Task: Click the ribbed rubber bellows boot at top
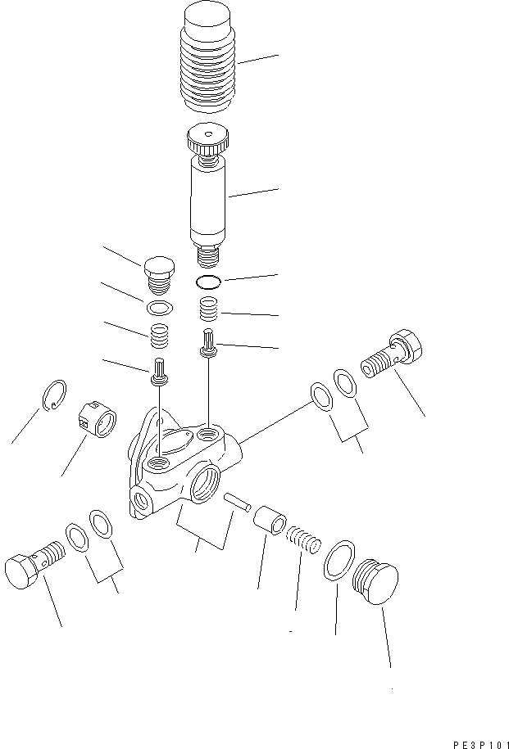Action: pyautogui.click(x=207, y=61)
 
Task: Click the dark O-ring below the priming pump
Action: pyautogui.click(x=210, y=283)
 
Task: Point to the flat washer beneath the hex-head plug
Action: pyautogui.click(x=161, y=308)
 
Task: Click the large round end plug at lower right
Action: pyautogui.click(x=375, y=582)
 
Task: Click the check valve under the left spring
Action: pyautogui.click(x=159, y=372)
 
